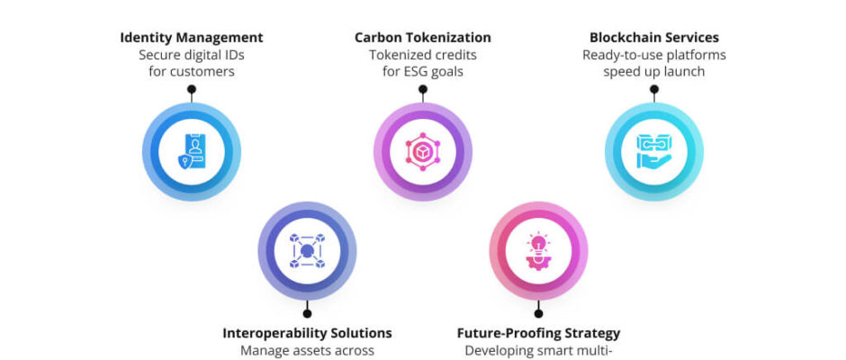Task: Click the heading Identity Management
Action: pos(192,38)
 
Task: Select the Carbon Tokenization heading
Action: pos(423,38)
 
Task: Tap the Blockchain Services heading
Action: pos(654,38)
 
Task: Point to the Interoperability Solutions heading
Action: pos(307,333)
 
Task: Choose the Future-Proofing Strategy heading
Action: pos(538,333)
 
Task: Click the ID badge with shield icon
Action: pos(192,152)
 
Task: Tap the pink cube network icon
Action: pos(423,152)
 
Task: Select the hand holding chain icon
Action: pos(654,152)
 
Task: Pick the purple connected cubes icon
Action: pos(307,250)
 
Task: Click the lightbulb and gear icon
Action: pos(538,250)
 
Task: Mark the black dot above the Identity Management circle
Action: pos(192,89)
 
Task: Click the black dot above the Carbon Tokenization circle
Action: pos(423,89)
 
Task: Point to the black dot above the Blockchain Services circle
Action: pos(654,89)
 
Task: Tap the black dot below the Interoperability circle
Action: pos(307,313)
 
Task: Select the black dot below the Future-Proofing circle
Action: pos(538,313)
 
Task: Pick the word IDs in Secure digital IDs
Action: pos(234,55)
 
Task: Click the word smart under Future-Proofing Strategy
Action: pos(557,351)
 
